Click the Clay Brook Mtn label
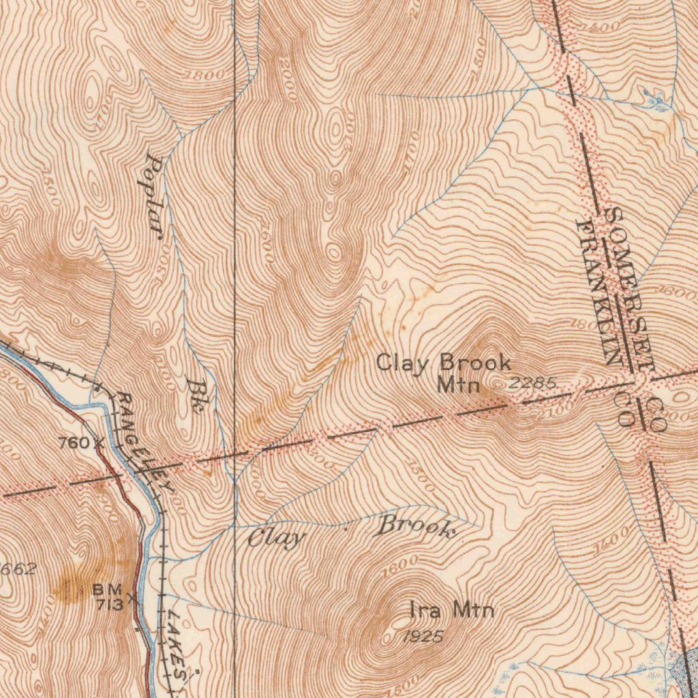pos(444,373)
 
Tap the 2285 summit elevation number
pos(532,383)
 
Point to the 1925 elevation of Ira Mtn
pos(422,637)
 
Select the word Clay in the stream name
pos(275,538)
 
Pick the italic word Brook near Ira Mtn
pos(416,526)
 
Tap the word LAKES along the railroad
pos(175,644)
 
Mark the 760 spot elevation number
pos(73,443)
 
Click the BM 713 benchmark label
pos(108,596)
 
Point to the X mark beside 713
pos(132,599)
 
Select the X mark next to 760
pos(99,442)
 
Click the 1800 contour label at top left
pos(203,76)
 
